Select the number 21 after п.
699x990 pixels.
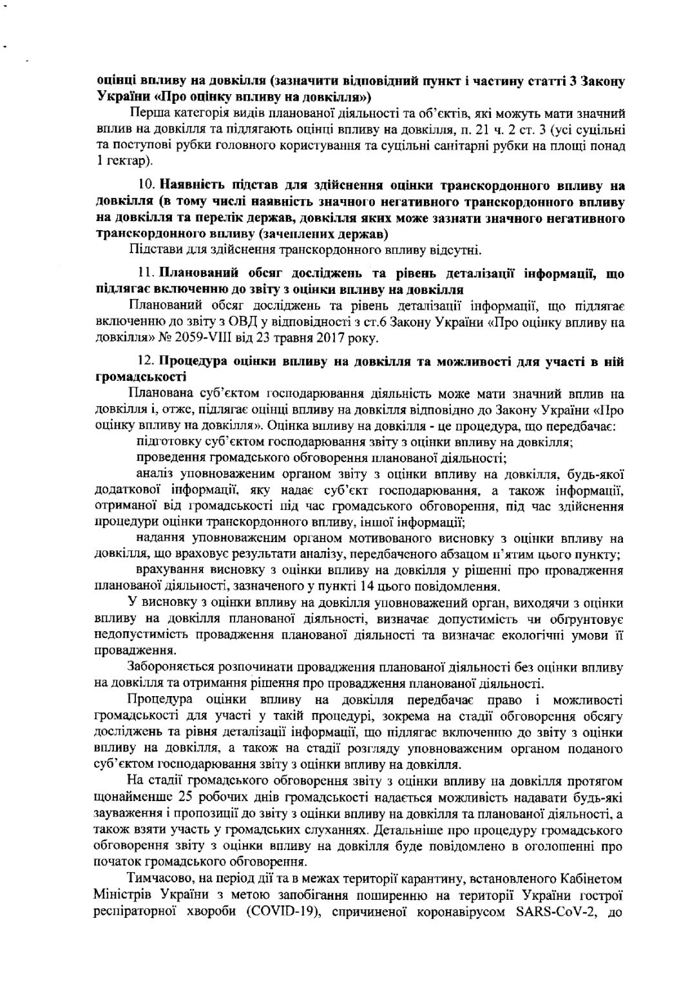click(x=451, y=130)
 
